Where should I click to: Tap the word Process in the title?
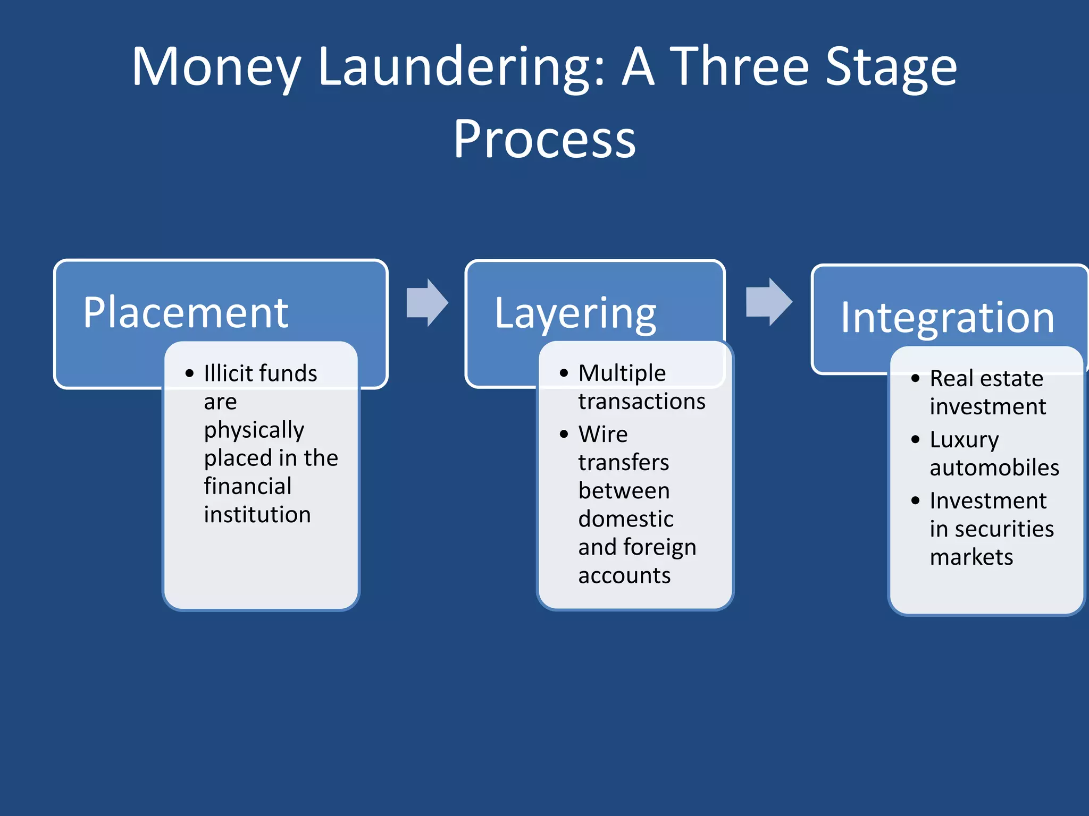[544, 139]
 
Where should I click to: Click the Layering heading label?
[575, 313]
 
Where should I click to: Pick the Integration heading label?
[947, 318]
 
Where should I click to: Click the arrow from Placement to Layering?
[427, 302]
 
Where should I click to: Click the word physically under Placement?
[254, 430]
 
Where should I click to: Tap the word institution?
[257, 515]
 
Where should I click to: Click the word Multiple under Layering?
[622, 373]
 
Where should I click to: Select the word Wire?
[603, 435]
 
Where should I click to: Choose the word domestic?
[626, 519]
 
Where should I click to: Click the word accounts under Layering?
[624, 576]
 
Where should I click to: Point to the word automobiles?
[994, 468]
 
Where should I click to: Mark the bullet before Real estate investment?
[915, 379]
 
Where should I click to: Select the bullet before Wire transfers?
[564, 435]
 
